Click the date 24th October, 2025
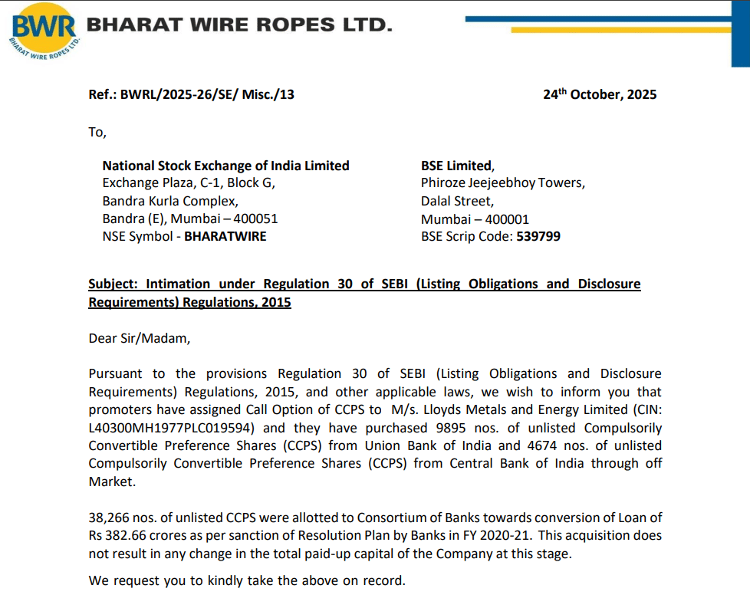(x=600, y=95)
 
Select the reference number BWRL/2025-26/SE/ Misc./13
(x=207, y=95)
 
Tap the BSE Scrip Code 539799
(x=539, y=236)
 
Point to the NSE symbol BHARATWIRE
(x=225, y=236)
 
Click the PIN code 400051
(x=255, y=219)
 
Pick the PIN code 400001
(x=506, y=219)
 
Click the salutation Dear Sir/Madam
(x=138, y=337)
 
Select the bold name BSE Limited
(x=456, y=166)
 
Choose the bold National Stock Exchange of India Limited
(x=225, y=166)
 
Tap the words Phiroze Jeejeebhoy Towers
(x=502, y=183)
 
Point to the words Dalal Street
(x=457, y=201)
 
